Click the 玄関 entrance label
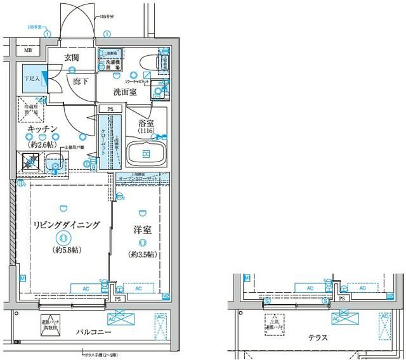coord(70,58)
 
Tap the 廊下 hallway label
coord(81,82)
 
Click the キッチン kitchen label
coord(43,129)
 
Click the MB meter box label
coord(28,50)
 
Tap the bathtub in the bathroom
coord(146,154)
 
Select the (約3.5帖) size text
coord(143,254)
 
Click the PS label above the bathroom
coord(112,109)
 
